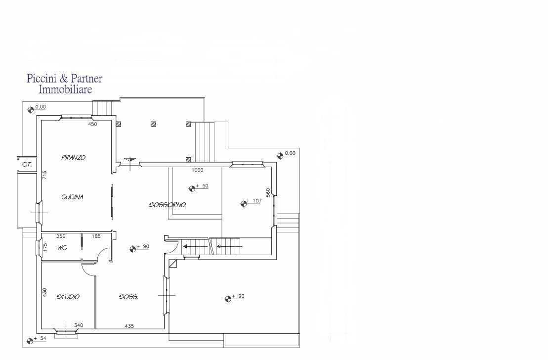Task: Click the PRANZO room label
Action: (x=74, y=157)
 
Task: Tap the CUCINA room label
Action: (x=72, y=197)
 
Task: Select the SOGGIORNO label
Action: (x=167, y=205)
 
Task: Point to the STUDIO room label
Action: (x=68, y=297)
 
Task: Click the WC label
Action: (x=62, y=248)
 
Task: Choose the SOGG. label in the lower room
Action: (x=128, y=297)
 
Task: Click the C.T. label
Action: (x=27, y=164)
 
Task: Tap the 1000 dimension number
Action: (x=198, y=170)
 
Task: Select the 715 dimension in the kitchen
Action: (x=44, y=175)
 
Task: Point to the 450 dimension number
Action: (x=92, y=124)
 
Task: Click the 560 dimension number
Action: (x=268, y=193)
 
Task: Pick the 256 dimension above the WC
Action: (x=61, y=236)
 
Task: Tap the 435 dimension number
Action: (x=129, y=326)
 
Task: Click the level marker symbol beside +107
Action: (x=244, y=203)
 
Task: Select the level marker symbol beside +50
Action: (x=192, y=188)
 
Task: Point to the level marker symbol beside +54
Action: (x=30, y=340)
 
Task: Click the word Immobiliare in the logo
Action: (x=65, y=89)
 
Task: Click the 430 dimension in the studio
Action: (x=44, y=292)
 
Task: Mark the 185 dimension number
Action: (x=96, y=236)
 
